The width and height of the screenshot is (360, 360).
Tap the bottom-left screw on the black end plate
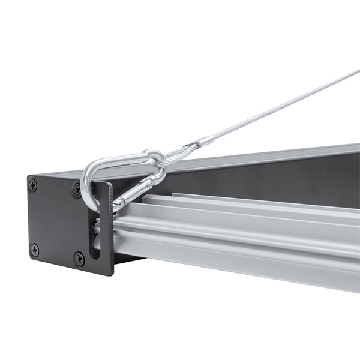pos(35,249)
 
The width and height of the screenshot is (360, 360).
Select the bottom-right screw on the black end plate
pos(79,259)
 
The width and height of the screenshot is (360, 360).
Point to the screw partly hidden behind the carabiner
pos(77,191)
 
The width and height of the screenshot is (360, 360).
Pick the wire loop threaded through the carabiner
pos(173,155)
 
